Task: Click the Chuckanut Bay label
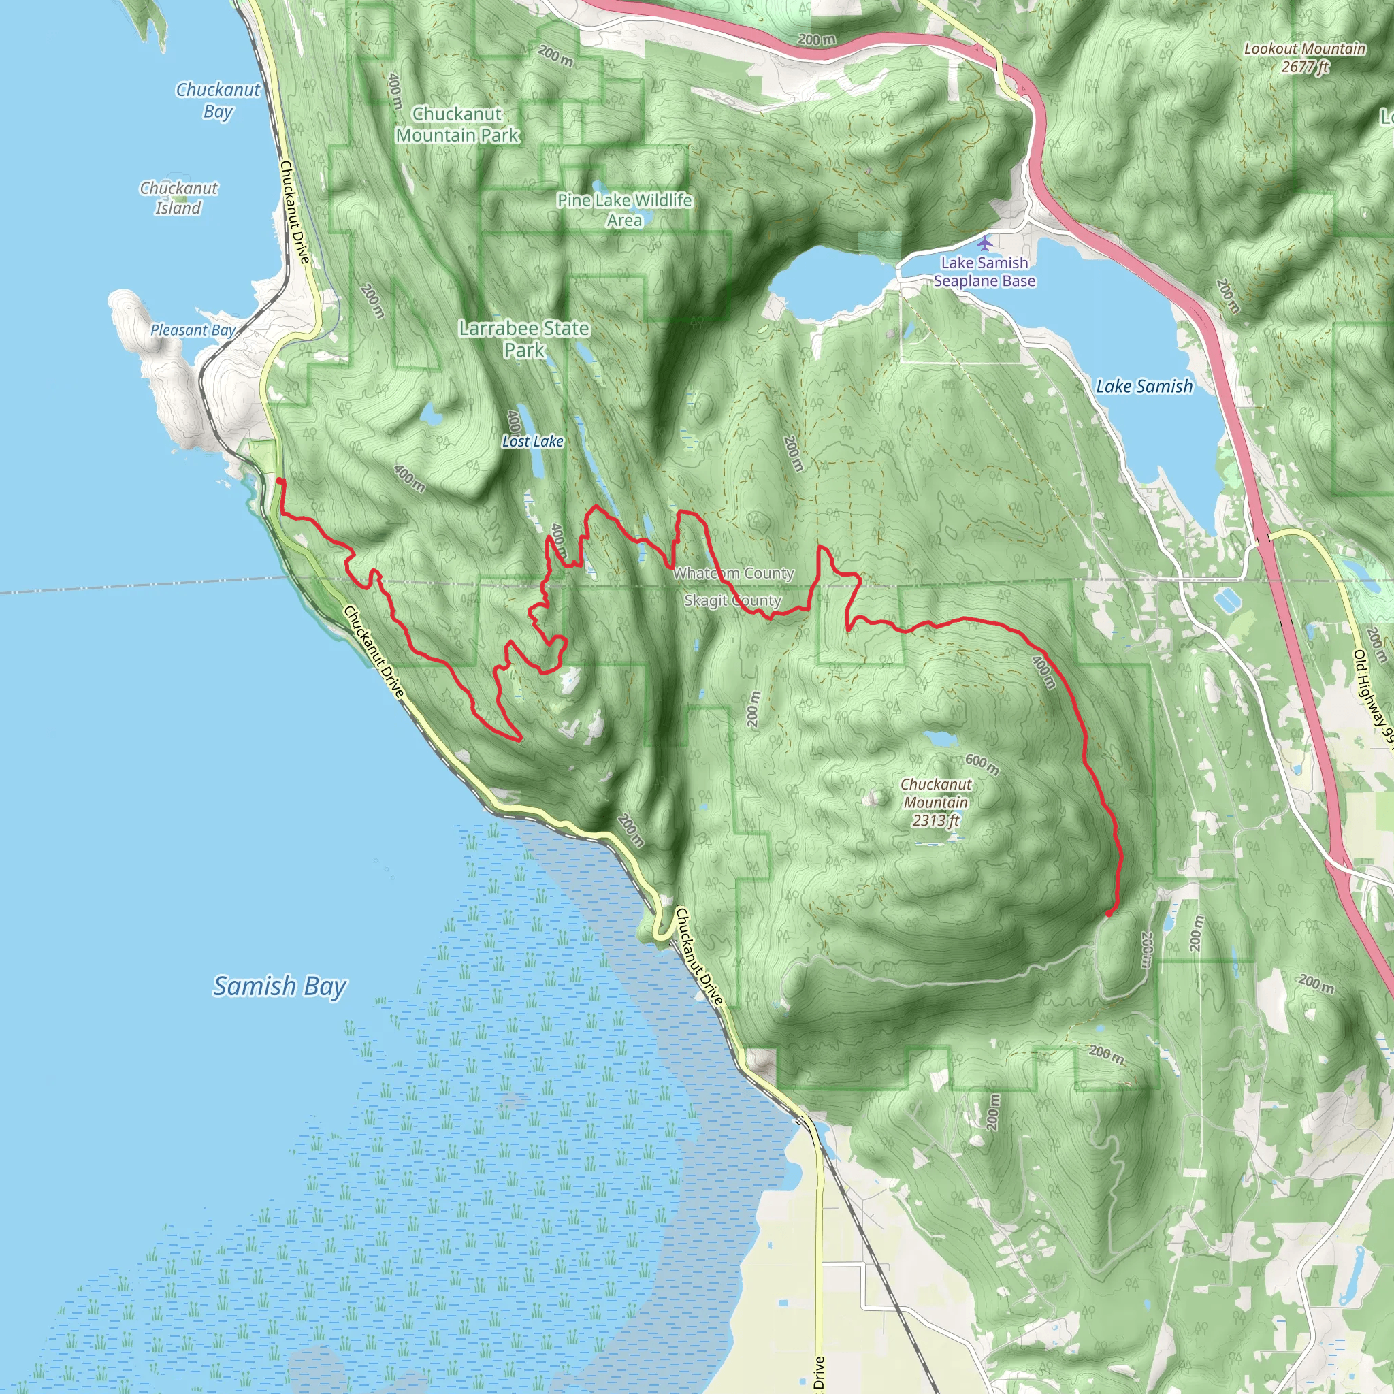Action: pyautogui.click(x=217, y=100)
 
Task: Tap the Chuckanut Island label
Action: pyautogui.click(x=178, y=197)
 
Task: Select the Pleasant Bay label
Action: pyautogui.click(x=193, y=329)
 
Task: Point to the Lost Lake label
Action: pyautogui.click(x=532, y=441)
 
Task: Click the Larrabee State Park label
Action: pyautogui.click(x=525, y=339)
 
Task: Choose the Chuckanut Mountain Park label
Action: pyautogui.click(x=457, y=124)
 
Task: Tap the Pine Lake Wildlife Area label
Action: pyautogui.click(x=624, y=210)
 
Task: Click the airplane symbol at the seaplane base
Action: pyautogui.click(x=984, y=242)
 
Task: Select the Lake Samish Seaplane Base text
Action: pyautogui.click(x=984, y=272)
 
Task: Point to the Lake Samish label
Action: pyautogui.click(x=1144, y=387)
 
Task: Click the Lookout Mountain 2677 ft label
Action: pyautogui.click(x=1305, y=58)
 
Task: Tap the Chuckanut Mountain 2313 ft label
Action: pyautogui.click(x=935, y=803)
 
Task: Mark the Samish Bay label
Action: pyautogui.click(x=280, y=986)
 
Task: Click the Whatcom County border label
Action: pyautogui.click(x=734, y=573)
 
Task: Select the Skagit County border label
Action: pyautogui.click(x=732, y=600)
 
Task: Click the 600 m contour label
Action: pyautogui.click(x=982, y=764)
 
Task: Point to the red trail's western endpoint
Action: pyautogui.click(x=280, y=481)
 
